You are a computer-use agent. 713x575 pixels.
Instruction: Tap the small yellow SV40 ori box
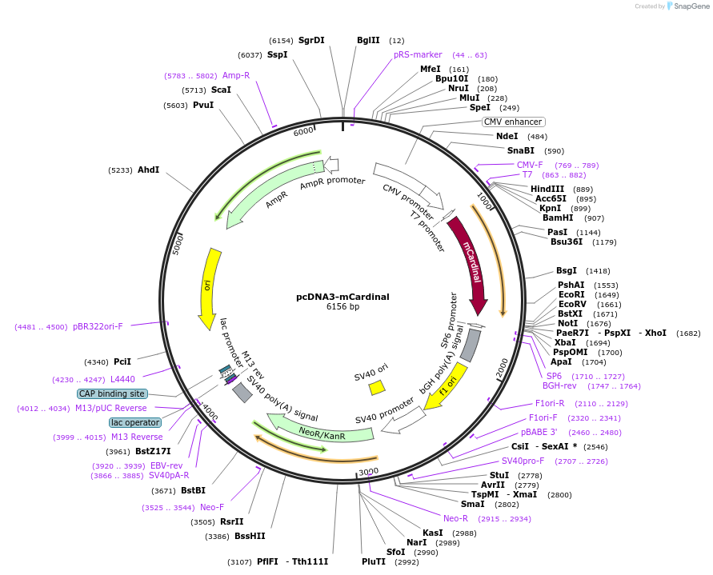coord(377,387)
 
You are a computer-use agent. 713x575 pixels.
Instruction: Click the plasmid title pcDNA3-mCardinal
coord(342,296)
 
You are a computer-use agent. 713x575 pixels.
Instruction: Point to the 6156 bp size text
coord(342,306)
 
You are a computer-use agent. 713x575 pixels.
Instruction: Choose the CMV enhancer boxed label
coord(513,122)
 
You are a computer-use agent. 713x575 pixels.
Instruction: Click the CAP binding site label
coord(111,393)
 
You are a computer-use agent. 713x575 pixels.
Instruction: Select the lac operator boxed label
coord(134,422)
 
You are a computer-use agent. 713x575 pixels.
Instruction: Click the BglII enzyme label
coord(368,40)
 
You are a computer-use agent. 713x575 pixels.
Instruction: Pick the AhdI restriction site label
coord(148,170)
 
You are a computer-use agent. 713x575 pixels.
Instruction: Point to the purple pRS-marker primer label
coord(418,54)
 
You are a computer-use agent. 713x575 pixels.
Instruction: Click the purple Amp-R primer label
coord(236,75)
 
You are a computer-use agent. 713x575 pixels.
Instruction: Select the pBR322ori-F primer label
coord(98,326)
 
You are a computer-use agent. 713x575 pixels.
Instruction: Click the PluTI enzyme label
coord(374,561)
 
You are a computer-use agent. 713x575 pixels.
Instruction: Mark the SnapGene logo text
coord(692,6)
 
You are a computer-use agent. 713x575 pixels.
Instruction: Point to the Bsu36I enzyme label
coord(567,242)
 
